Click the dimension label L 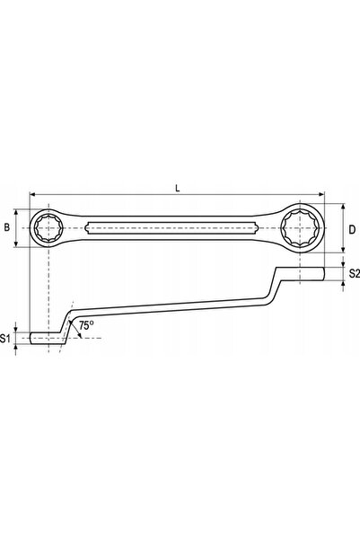coord(177,188)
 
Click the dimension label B coord(7,227)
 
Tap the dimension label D coord(352,229)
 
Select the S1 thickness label coord(4,339)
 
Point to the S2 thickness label coord(354,273)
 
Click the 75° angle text coord(86,324)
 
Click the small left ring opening coord(48,228)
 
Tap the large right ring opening coord(300,227)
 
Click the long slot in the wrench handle coord(171,227)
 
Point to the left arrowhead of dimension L coord(33,195)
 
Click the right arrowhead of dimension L coord(321,195)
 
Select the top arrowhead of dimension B coord(16,212)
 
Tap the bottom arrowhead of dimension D coord(343,250)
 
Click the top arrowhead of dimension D coord(343,207)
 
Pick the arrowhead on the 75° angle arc coord(80,335)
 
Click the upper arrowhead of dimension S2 coord(343,264)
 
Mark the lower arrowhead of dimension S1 coord(15,348)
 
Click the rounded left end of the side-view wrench coord(31,338)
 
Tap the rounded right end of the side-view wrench coord(323,274)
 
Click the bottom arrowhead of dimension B coord(16,243)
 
